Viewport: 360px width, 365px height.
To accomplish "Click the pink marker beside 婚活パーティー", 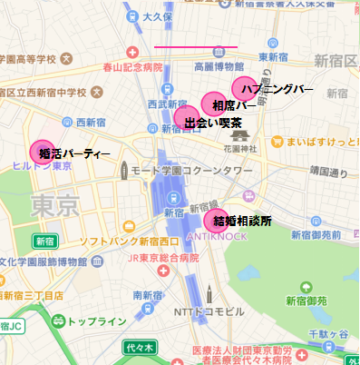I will click(x=42, y=153).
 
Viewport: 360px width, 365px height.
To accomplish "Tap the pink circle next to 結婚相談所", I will click(x=219, y=219).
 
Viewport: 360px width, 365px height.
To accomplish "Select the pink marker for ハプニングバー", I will click(x=244, y=88).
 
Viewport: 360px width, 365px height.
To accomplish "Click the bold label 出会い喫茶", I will click(x=213, y=122).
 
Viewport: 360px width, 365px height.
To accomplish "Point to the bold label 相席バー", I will click(x=235, y=105).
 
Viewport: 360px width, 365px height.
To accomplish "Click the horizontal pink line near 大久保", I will click(x=195, y=46).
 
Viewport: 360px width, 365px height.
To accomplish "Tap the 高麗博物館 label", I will click(x=219, y=66).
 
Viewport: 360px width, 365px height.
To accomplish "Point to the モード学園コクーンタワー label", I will click(x=191, y=171).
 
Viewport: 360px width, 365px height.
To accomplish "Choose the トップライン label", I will click(x=97, y=321).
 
